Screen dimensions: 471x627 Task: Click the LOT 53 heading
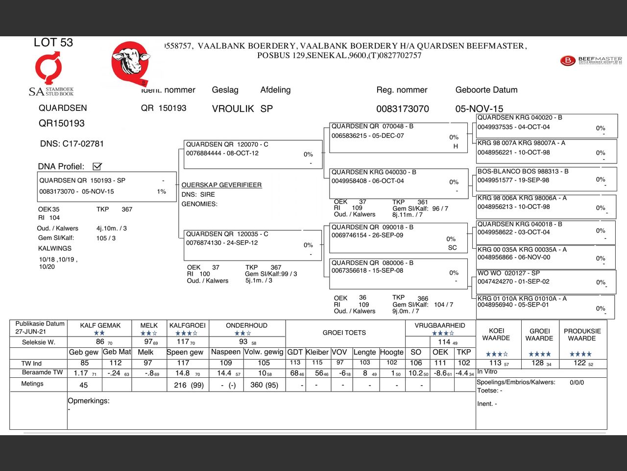(x=53, y=43)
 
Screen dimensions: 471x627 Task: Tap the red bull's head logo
(x=130, y=62)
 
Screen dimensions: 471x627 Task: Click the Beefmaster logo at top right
(x=591, y=61)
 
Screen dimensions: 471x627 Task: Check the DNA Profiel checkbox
(x=97, y=166)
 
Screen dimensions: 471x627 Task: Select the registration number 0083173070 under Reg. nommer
(x=402, y=109)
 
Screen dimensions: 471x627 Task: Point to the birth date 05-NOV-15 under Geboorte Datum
(x=479, y=109)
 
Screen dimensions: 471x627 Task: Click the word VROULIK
(x=233, y=109)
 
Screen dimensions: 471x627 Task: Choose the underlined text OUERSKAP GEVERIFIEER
(x=221, y=185)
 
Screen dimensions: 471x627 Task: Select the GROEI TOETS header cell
(x=344, y=333)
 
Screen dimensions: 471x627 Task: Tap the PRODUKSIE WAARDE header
(x=582, y=335)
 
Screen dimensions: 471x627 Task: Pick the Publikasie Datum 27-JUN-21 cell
(x=39, y=328)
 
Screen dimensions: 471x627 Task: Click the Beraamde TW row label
(x=42, y=372)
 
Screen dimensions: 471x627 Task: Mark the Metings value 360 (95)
(x=264, y=385)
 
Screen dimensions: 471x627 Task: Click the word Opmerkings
(x=89, y=401)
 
